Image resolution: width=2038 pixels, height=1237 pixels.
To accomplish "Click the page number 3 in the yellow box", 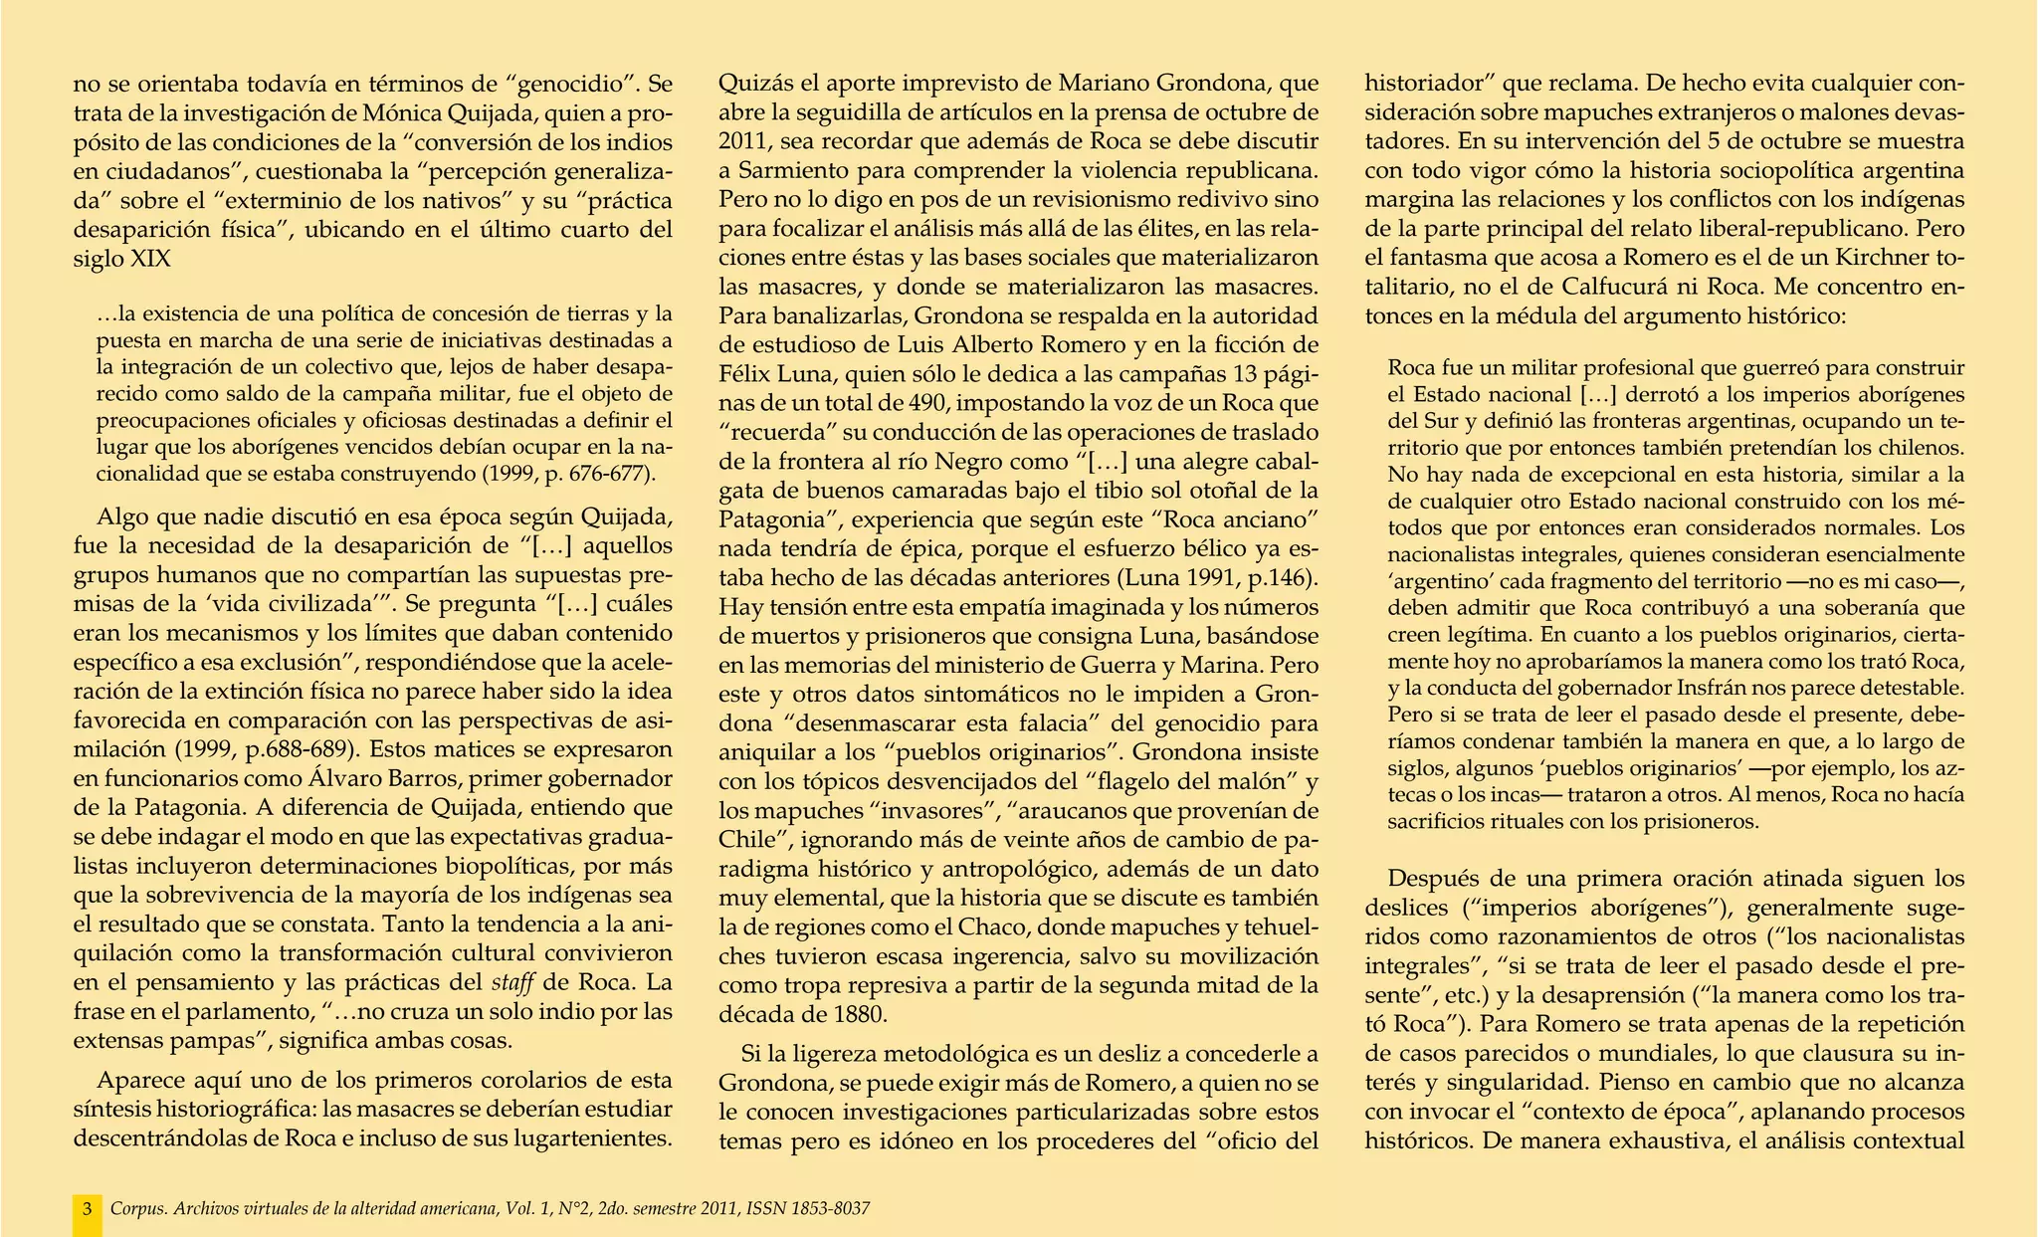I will [x=88, y=1209].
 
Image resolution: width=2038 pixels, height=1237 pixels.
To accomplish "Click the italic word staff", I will [x=515, y=982].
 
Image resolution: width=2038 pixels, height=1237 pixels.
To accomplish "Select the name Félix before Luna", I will [x=748, y=375].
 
